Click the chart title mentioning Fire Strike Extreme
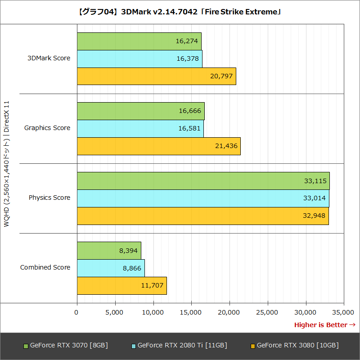pos(180,12)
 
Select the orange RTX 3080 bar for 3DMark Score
pos(156,76)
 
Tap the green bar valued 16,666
pos(140,111)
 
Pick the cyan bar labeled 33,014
pos(202,198)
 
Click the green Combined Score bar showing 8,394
pos(109,251)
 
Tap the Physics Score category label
pos(49,198)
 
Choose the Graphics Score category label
pos(47,128)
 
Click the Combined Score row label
pos(45,267)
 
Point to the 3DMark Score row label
pos(49,58)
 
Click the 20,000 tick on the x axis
pos(229,312)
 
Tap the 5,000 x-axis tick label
pos(115,312)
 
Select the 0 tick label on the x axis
pos(76,312)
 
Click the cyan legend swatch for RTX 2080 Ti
pos(134,346)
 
